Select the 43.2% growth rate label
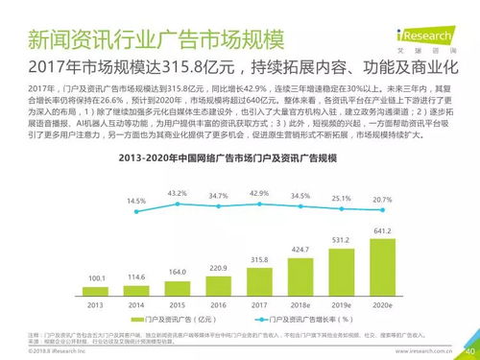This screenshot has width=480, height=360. [x=178, y=193]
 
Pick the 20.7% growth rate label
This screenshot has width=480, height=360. [x=382, y=200]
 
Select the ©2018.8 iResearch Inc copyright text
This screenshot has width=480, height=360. [x=43, y=352]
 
